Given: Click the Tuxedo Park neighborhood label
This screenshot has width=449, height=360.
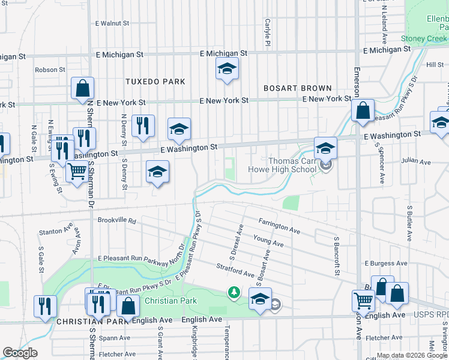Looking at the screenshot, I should pos(155,81).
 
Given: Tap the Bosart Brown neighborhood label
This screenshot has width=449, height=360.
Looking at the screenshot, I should pos(298,88).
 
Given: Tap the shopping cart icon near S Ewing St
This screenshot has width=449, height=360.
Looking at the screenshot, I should pos(76,172).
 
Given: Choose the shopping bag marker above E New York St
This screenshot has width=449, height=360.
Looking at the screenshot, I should pos(82,88).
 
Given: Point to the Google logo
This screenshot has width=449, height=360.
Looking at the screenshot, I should pos(20,353).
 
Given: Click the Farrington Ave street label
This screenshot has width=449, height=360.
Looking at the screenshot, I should pos(280,226).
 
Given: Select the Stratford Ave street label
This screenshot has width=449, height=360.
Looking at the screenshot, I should pos(235,269).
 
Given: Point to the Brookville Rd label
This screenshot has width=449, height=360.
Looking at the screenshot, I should pos(116,220).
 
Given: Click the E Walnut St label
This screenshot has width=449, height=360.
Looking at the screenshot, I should pos(112,23).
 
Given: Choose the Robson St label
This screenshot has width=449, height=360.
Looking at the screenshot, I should pos(50,70).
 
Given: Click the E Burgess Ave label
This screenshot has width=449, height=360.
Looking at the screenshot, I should pos(387,263).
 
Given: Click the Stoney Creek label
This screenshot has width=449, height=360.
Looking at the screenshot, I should pos(424,38).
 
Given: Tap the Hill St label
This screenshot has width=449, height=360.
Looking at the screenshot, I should pos(435,64).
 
